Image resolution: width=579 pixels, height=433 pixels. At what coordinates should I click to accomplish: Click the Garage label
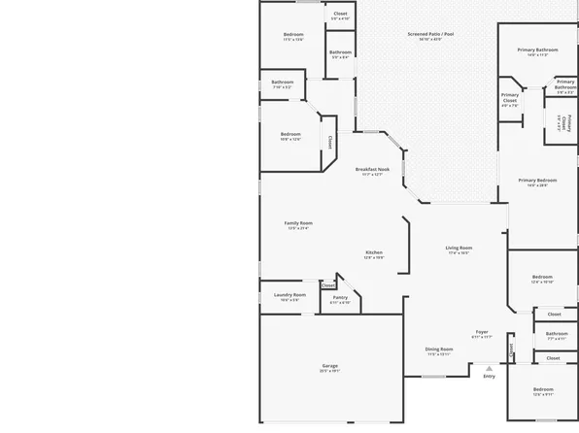coord(329,366)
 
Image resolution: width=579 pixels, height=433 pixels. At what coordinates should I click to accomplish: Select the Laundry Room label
coord(289,295)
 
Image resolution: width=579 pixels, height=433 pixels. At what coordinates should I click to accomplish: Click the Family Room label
coord(298,223)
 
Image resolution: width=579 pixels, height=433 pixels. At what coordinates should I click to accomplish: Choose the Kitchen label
coord(374,252)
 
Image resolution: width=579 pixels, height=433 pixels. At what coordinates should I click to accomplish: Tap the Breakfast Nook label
coord(372,169)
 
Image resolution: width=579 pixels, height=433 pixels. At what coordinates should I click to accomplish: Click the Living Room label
coord(459,248)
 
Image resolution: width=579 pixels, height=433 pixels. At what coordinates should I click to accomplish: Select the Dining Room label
coord(439,349)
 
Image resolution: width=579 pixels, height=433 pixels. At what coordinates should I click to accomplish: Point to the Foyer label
coord(482,332)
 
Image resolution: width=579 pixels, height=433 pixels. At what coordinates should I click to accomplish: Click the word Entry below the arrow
coord(489,377)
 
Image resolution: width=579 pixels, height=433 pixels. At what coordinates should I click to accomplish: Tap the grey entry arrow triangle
coord(489,368)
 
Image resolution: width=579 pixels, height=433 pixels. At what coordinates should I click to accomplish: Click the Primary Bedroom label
coord(537,180)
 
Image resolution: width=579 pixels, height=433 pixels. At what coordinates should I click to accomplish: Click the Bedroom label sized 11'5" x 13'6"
coord(293,35)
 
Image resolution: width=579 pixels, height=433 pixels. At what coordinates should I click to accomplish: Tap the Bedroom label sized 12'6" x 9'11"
coord(541,392)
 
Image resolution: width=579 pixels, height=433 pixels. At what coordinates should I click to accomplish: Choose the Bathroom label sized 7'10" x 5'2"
coord(283,83)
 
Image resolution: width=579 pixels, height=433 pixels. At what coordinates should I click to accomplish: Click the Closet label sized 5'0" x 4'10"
coord(340,14)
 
